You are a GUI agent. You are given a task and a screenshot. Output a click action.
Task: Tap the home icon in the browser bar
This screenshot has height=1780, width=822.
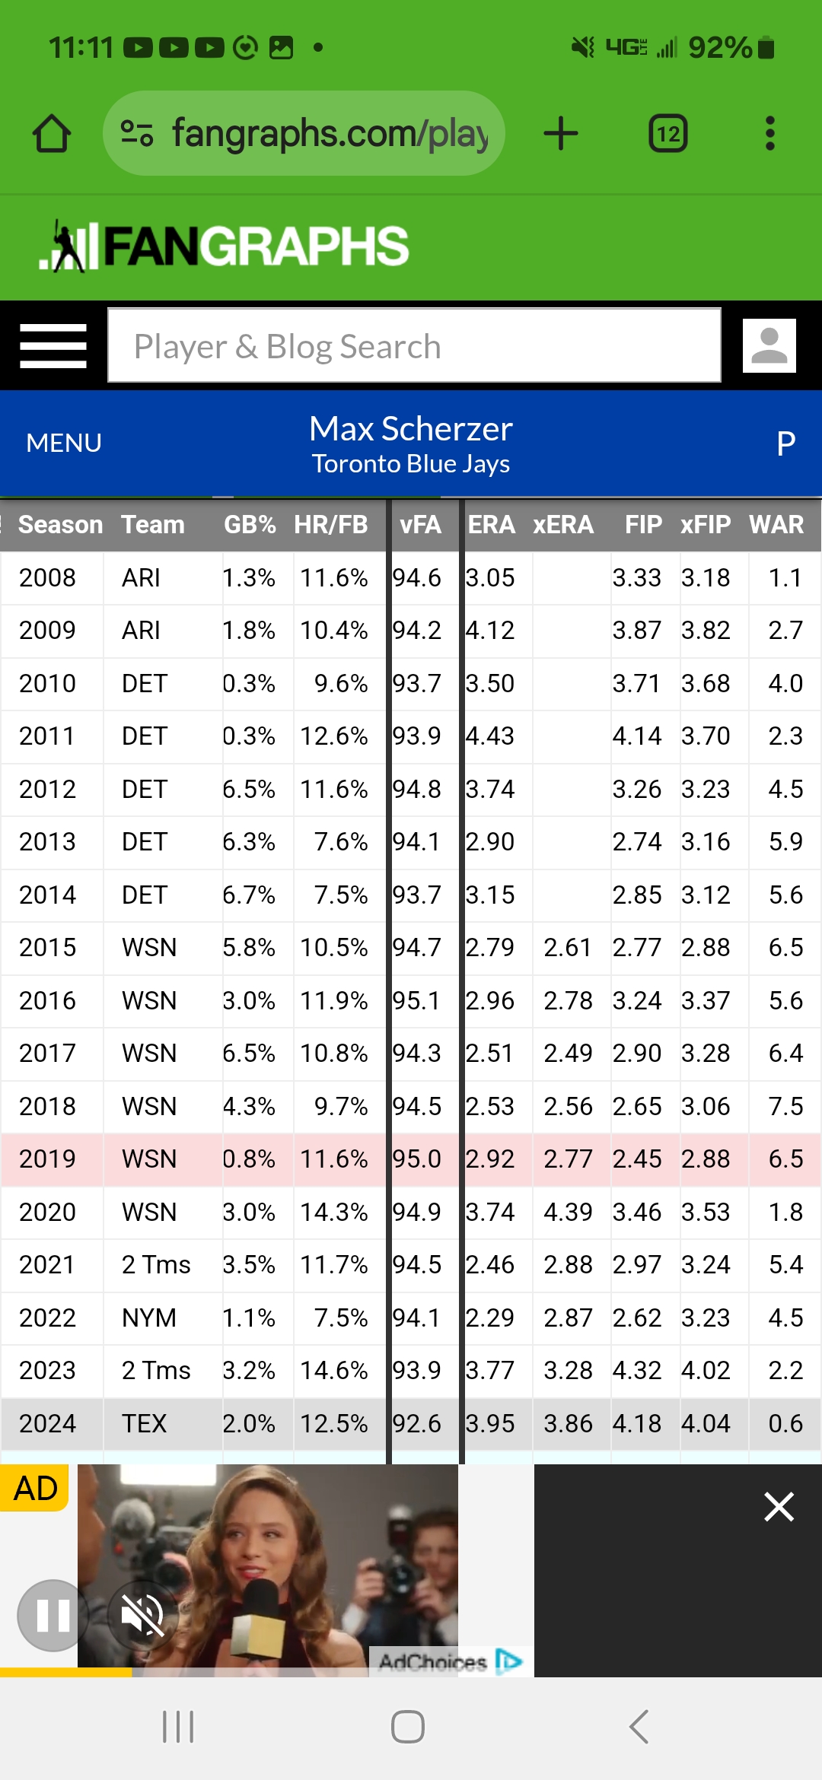52,134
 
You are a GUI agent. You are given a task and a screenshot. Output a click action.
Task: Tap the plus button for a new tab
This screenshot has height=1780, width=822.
561,134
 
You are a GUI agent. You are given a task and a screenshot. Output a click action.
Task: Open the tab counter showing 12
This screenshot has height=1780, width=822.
667,134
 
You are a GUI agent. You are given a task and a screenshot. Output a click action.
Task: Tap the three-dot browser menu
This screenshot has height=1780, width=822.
770,134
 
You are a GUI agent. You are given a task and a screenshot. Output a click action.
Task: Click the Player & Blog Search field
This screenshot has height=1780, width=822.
414,346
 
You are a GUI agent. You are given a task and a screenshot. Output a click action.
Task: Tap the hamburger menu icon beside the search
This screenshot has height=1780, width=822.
53,346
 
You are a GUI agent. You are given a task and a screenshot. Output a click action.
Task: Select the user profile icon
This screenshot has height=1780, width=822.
769,346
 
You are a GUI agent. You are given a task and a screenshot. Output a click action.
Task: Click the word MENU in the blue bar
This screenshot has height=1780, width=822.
64,443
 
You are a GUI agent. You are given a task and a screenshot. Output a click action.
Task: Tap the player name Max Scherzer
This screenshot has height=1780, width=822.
411,429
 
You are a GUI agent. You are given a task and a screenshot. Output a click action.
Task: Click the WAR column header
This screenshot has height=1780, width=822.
776,525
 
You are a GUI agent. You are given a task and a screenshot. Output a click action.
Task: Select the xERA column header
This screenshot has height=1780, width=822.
563,525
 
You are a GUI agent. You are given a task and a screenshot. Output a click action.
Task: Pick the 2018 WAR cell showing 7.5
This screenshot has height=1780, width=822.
785,1106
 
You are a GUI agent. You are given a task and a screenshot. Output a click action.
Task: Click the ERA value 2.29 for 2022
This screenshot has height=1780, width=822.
490,1318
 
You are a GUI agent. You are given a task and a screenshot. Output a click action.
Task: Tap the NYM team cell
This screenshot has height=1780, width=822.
149,1318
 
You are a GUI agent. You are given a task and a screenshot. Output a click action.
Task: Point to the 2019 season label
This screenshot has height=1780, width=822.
47,1159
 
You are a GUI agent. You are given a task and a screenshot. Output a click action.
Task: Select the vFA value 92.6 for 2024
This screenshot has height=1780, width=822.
417,1423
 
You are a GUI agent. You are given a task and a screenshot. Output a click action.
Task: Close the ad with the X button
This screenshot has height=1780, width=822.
779,1506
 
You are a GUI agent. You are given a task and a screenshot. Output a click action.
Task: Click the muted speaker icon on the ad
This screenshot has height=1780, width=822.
142,1615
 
